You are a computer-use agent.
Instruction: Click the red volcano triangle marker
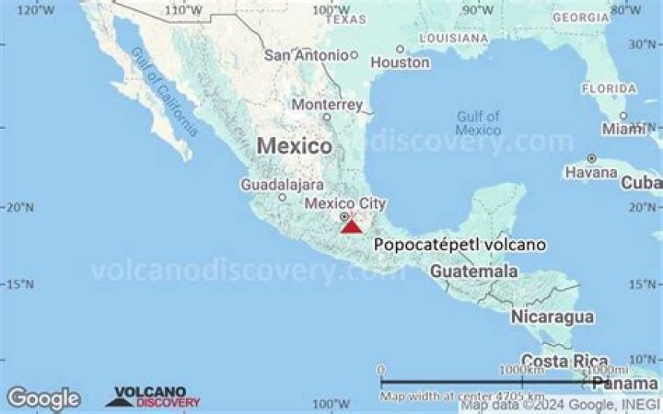pos(351,224)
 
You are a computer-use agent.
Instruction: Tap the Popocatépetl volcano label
pos(459,245)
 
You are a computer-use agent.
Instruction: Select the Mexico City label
pos(345,203)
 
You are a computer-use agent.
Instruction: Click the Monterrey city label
pos(327,104)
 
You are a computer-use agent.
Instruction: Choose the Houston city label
pos(401,63)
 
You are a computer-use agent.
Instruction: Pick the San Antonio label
pos(306,54)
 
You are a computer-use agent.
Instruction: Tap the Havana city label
pos(590,172)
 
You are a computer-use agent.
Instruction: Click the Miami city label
pos(623,130)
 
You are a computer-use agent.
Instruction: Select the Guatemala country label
pos(473,272)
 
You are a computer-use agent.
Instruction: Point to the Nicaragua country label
pos(552,316)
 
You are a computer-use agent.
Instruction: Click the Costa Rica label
pos(564,360)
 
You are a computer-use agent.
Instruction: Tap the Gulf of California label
pos(164,91)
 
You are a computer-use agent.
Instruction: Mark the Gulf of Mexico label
pos(479,123)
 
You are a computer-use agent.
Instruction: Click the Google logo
pos(43,398)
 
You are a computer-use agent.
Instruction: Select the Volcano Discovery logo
pos(153,397)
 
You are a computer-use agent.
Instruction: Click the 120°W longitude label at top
pos(35,10)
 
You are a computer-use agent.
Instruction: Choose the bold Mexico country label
pos(294,145)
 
